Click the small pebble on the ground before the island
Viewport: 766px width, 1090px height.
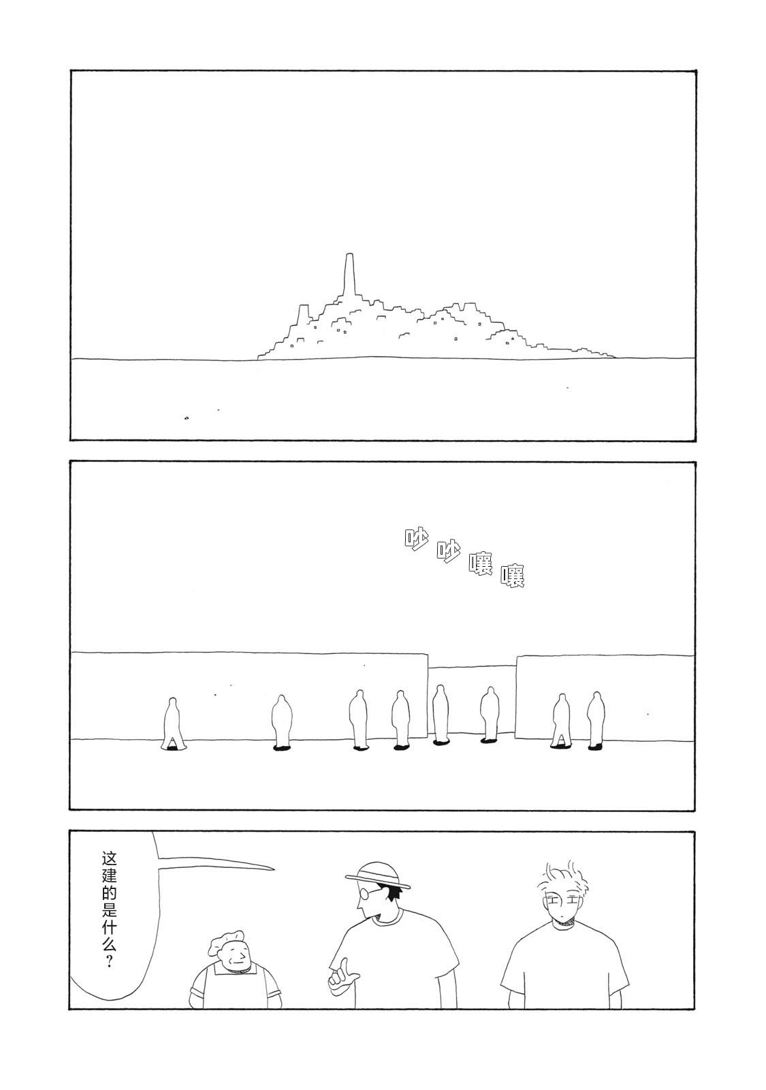click(187, 418)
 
